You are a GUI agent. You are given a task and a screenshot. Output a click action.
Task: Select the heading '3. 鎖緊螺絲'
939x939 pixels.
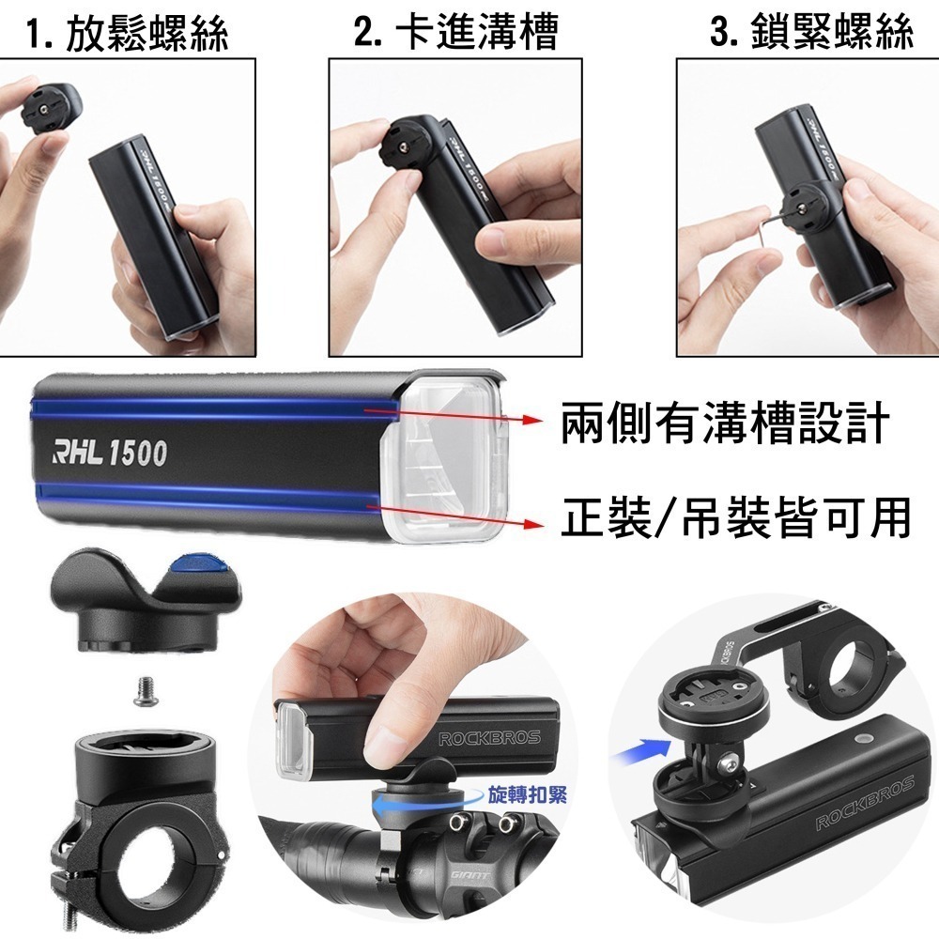[x=811, y=31]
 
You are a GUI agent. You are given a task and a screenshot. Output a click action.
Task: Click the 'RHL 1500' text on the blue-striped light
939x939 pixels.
[x=111, y=454]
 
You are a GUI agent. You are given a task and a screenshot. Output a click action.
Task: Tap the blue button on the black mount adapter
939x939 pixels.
[x=198, y=564]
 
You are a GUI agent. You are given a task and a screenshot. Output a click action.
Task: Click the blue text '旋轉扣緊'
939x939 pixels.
[x=527, y=794]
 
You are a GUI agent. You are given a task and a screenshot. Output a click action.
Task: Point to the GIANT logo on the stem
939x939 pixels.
[x=469, y=875]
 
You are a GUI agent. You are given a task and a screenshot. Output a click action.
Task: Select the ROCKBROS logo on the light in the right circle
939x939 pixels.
[x=865, y=803]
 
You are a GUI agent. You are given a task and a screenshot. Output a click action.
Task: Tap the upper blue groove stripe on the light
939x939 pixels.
[x=216, y=408]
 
